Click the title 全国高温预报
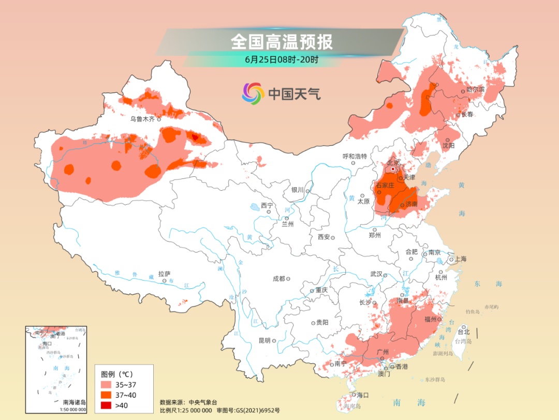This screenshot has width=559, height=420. [x=282, y=41]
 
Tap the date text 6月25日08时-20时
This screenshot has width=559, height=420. [x=282, y=59]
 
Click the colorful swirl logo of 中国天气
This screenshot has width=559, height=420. [x=253, y=93]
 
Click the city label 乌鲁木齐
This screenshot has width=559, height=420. [x=142, y=119]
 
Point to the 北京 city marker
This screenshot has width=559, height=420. [x=393, y=169]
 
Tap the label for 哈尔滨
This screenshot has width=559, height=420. [x=476, y=90]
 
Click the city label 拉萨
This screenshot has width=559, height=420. [x=164, y=274]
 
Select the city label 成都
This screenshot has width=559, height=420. [x=278, y=279]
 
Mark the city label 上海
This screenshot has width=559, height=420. [x=461, y=259]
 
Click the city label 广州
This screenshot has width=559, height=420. [x=383, y=352]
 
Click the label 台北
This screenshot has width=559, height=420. [x=464, y=331]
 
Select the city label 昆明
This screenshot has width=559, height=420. [x=264, y=341]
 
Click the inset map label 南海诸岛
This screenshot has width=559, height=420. [x=75, y=402]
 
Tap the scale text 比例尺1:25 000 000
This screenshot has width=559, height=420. [x=186, y=410]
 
